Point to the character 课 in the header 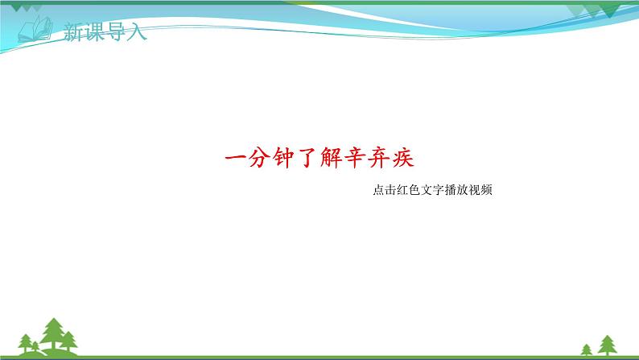click(94, 33)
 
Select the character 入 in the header click(137, 33)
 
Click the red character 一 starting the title click(233, 156)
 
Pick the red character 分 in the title click(259, 156)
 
